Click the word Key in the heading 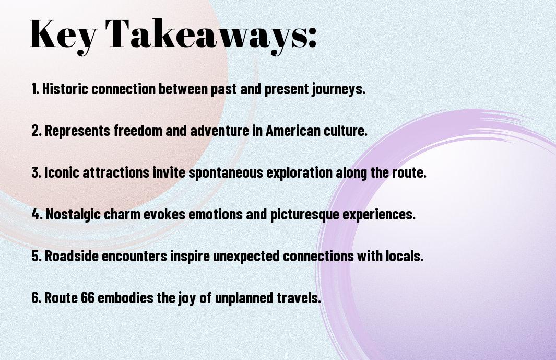[63, 35]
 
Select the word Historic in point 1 [65, 89]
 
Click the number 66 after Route [88, 298]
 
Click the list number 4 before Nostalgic [37, 214]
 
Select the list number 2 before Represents [36, 131]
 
